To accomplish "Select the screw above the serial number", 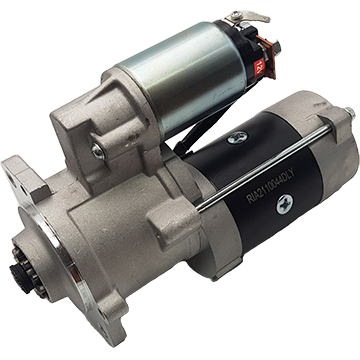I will (x=236, y=138).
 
